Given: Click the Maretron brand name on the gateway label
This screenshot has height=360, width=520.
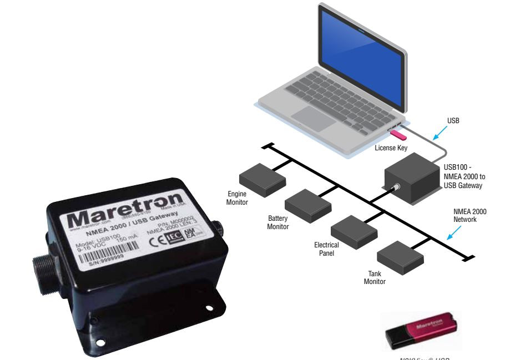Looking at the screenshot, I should coord(125,210).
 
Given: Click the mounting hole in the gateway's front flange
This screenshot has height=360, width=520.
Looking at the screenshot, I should coord(209,308).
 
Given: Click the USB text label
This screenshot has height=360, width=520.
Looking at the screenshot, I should coord(453,120).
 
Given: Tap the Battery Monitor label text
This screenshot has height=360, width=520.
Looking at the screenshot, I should coord(278,222).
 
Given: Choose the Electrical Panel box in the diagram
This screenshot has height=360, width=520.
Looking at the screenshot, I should coord(354,230).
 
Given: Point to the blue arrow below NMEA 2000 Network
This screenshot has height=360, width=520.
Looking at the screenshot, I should coord(457,235).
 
